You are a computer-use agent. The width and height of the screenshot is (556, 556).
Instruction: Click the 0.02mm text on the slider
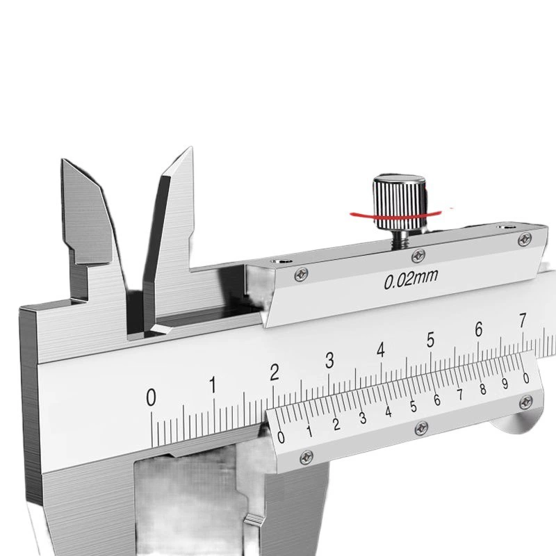(411, 279)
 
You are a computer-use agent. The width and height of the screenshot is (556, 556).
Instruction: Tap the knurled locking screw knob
(399, 201)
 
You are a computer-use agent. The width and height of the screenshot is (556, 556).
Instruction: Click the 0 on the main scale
(151, 397)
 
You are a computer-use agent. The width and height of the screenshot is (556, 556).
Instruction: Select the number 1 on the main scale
(213, 384)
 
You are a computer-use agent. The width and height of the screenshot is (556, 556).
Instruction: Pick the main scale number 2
(274, 372)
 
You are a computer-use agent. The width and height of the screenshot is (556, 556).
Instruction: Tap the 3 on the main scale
(329, 360)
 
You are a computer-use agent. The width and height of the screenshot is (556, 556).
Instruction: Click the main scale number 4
(380, 350)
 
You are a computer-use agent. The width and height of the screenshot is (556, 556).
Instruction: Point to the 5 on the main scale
(430, 339)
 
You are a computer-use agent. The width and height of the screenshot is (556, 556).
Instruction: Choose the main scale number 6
(479, 329)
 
